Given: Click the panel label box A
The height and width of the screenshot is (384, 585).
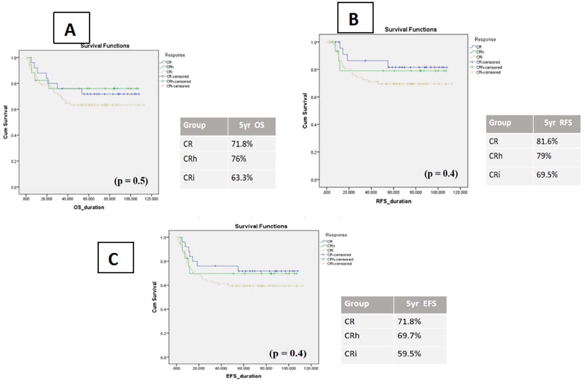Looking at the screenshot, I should click(71, 28).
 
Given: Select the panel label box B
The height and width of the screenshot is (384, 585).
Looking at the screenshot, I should click(355, 18).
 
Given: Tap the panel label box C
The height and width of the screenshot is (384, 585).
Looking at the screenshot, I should click(116, 257).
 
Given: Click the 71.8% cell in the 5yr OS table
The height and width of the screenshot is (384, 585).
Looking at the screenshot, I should click(242, 144).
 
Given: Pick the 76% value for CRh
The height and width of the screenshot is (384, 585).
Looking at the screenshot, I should click(239, 159).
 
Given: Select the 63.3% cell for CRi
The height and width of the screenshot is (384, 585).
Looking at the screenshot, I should click(242, 178).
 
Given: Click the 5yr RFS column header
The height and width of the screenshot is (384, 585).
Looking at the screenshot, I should click(558, 123).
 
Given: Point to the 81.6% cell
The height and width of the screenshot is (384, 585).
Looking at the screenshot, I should click(547, 141).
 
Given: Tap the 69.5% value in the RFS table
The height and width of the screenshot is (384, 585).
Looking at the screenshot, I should click(547, 175).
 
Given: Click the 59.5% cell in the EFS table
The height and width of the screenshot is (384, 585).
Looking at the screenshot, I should click(409, 354).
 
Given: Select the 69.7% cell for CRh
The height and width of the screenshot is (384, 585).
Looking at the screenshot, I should click(409, 336).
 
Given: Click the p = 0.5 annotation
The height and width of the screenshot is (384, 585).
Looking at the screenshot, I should click(131, 181).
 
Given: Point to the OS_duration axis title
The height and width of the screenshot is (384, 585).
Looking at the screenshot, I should click(88, 208).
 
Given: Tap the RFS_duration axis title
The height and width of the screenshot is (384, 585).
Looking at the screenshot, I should click(394, 201).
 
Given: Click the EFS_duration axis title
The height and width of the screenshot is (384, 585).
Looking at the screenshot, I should click(244, 376).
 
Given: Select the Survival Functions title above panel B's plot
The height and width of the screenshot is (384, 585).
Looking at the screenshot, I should click(410, 29).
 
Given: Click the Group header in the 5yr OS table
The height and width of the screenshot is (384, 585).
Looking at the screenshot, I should click(194, 125).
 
